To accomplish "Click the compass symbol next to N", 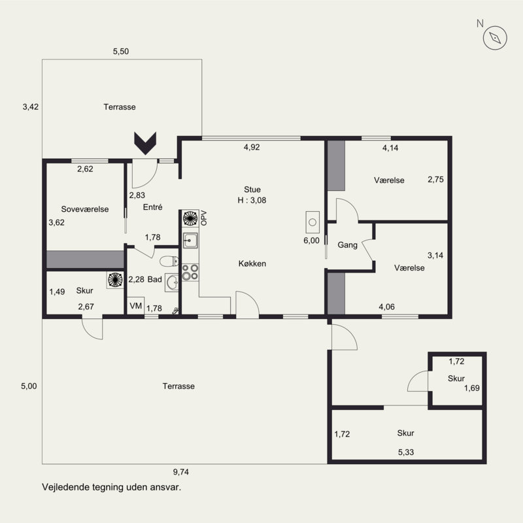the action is click(x=495, y=38).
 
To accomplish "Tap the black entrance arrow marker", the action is click(x=145, y=143).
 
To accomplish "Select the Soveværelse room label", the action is click(x=85, y=209).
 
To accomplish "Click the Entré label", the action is click(x=153, y=207).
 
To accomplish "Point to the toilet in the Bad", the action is click(x=169, y=261).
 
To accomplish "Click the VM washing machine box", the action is click(x=136, y=305).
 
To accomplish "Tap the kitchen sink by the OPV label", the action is click(x=190, y=240).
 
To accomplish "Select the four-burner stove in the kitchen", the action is click(x=190, y=272).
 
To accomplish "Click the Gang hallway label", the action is click(x=348, y=245).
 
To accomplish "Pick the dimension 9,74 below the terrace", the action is click(x=181, y=472).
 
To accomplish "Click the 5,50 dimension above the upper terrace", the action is click(x=121, y=52).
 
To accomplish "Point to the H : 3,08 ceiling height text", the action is click(x=252, y=200).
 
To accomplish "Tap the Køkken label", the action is click(x=252, y=263).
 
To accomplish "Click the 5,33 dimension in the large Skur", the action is click(x=406, y=452).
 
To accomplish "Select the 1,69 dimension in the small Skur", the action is click(x=472, y=388).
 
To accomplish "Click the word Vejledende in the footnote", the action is click(x=63, y=487).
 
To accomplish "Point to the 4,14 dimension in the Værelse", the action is click(x=390, y=148).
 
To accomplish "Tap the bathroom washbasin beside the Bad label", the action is click(x=172, y=283).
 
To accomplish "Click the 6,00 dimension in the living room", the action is click(x=312, y=241).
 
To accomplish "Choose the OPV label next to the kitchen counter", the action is click(x=204, y=218).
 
